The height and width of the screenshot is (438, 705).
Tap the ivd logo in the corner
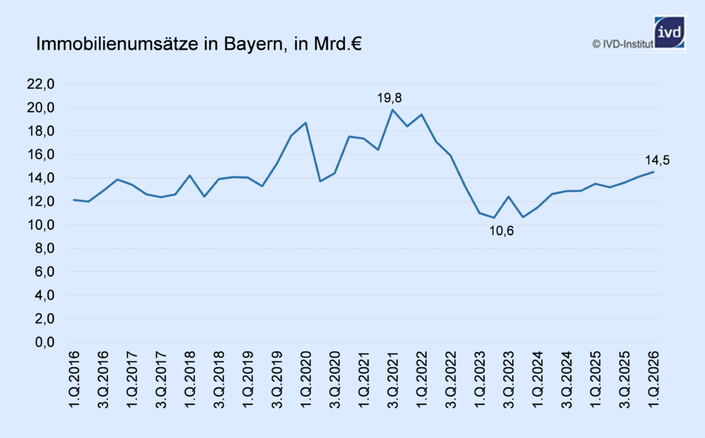pos(669,32)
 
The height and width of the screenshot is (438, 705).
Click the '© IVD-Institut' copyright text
pos(622,44)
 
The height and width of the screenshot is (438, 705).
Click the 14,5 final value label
pos(657,161)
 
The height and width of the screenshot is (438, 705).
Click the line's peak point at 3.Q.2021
pos(392,110)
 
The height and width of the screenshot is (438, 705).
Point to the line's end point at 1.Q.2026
pos(653,172)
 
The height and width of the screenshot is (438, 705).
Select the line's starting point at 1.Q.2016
pos(74,200)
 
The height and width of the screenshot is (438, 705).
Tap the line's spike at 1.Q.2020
pos(305,123)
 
